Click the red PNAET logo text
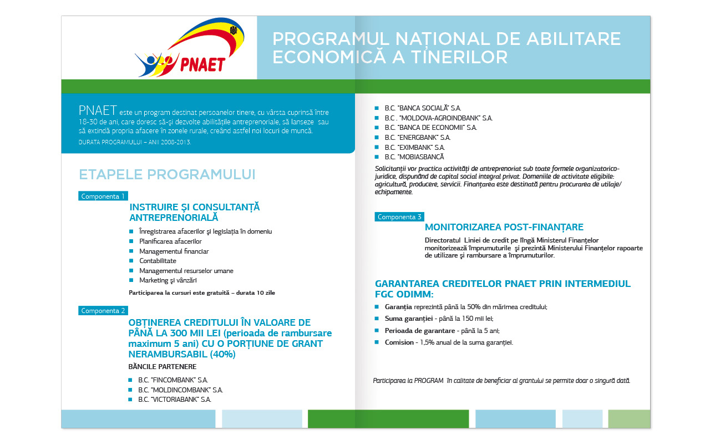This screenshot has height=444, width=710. pyautogui.click(x=203, y=64)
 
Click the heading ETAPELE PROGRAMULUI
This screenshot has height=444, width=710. pyautogui.click(x=167, y=174)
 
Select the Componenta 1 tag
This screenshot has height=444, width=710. pyautogui.click(x=103, y=196)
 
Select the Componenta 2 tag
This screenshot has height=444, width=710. pyautogui.click(x=103, y=311)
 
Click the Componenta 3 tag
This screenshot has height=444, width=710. pyautogui.click(x=399, y=217)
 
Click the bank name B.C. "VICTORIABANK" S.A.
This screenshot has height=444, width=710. pyautogui.click(x=174, y=400)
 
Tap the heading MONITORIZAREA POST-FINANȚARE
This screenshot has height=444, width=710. pyautogui.click(x=504, y=228)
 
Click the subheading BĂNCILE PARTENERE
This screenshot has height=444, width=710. pyautogui.click(x=162, y=367)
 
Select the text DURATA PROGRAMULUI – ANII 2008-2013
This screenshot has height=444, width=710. pyautogui.click(x=135, y=143)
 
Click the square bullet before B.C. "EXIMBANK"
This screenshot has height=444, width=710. pyautogui.click(x=377, y=148)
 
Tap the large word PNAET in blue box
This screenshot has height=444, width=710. pyautogui.click(x=98, y=110)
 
